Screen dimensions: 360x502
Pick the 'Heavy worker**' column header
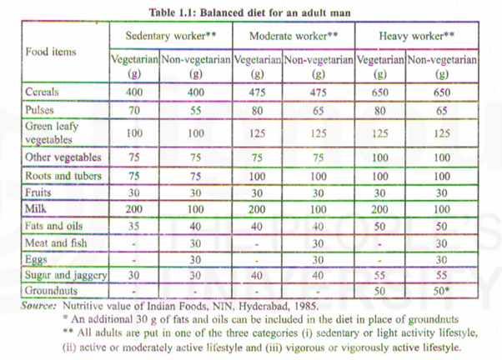point(417,36)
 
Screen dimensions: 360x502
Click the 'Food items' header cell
point(52,52)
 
